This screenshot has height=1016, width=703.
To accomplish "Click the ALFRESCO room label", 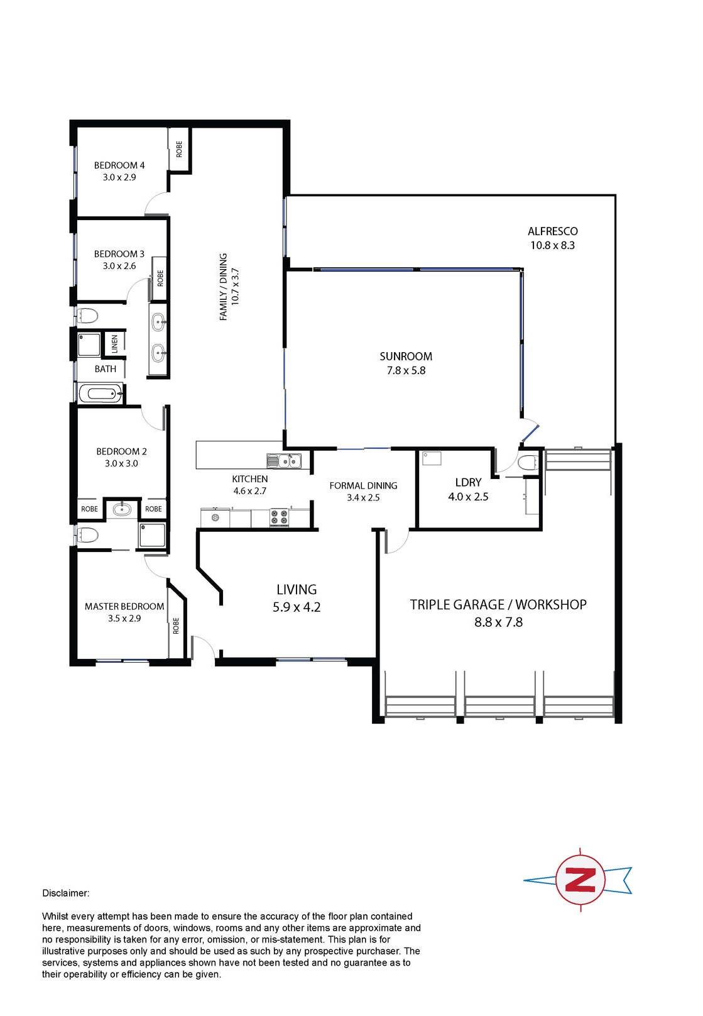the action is click(x=552, y=231).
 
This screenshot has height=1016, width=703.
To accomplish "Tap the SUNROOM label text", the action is click(x=406, y=356).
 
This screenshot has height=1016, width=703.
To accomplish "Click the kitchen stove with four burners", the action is click(x=279, y=517).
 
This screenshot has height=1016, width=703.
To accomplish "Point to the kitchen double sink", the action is click(x=284, y=461).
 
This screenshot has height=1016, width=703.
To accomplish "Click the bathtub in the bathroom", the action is click(x=101, y=394).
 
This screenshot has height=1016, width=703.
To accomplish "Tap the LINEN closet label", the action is click(x=114, y=344).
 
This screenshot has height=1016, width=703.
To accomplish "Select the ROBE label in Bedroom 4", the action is click(x=179, y=149).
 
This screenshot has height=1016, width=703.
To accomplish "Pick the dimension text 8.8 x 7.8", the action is click(x=498, y=622).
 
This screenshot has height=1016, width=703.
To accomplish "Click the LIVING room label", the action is click(x=297, y=590).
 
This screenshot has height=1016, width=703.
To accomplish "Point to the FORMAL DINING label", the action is click(x=363, y=486).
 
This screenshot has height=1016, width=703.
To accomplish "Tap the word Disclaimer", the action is click(x=66, y=893).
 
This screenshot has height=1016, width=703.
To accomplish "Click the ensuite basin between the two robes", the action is click(x=122, y=509).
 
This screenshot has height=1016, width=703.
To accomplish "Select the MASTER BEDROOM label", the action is click(x=124, y=607).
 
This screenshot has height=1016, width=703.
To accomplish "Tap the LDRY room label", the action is click(x=468, y=483).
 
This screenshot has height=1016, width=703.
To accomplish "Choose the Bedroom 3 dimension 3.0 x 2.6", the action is click(x=119, y=266).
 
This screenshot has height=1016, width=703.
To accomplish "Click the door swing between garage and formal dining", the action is click(x=397, y=541).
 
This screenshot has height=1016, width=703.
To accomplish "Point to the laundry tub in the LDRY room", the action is click(x=432, y=458).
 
